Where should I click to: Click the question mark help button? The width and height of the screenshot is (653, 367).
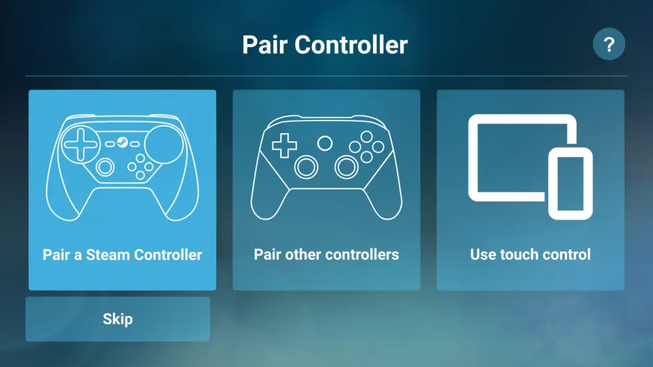[609, 45]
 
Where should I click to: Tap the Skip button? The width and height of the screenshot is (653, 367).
[117, 319]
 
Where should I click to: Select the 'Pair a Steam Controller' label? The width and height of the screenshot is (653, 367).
[122, 255]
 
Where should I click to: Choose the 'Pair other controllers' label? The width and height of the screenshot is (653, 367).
[326, 254]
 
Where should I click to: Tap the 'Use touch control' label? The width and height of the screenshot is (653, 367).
[530, 254]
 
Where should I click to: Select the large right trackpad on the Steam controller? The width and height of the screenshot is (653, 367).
[164, 144]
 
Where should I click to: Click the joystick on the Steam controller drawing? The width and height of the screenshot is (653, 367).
[105, 167]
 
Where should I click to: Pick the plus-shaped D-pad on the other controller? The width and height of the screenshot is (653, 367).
[284, 145]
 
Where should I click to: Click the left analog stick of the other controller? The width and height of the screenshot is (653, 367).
[306, 166]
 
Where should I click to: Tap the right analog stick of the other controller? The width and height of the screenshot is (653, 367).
[346, 166]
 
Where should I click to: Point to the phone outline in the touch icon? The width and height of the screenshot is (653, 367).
[571, 183]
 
